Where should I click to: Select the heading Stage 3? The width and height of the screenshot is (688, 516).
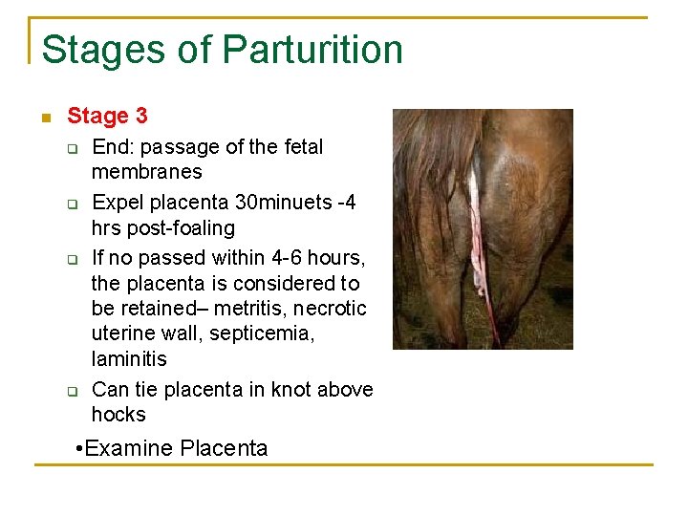coord(107,117)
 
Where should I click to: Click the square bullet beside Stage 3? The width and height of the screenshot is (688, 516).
coord(44,118)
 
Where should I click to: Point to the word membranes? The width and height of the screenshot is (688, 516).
coord(146,172)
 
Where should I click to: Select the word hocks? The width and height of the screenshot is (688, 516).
coord(118,415)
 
